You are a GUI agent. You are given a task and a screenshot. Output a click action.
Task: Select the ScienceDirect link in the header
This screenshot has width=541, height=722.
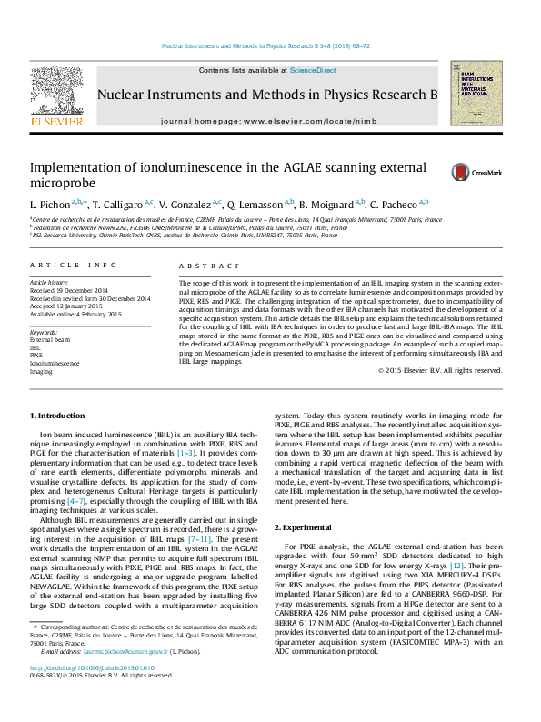[x=313, y=70]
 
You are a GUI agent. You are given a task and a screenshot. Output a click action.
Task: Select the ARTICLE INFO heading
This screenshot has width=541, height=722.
[x=74, y=266]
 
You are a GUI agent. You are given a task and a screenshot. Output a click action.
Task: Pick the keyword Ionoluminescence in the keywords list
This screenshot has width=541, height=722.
[x=55, y=363]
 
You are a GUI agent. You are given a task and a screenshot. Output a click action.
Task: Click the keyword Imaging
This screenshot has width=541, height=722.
[x=41, y=371]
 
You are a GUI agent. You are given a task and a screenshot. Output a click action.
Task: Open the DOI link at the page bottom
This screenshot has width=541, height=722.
[x=91, y=693]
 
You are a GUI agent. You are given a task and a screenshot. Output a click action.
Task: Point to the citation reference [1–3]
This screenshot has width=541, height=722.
[x=185, y=451]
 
